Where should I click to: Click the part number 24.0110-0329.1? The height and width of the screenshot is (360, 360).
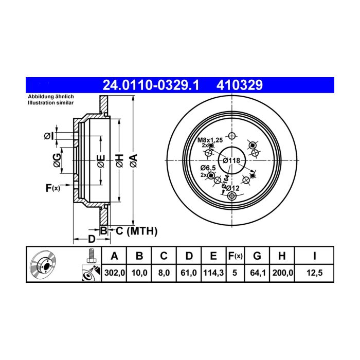pyautogui.click(x=151, y=85)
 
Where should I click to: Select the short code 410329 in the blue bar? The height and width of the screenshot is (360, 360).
pyautogui.click(x=240, y=85)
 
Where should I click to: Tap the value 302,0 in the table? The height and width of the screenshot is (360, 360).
pyautogui.click(x=115, y=273)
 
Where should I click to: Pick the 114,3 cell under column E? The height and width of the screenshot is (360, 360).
pyautogui.click(x=213, y=273)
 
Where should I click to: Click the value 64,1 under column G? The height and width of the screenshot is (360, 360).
pyautogui.click(x=257, y=273)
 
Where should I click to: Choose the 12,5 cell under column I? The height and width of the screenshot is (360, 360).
pyautogui.click(x=315, y=273)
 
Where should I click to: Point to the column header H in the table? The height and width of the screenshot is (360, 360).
pyautogui.click(x=282, y=256)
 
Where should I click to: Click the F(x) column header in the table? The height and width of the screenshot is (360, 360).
pyautogui.click(x=236, y=256)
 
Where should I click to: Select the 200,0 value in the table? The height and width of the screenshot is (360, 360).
pyautogui.click(x=283, y=273)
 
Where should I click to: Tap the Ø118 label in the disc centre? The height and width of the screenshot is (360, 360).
pyautogui.click(x=231, y=160)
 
